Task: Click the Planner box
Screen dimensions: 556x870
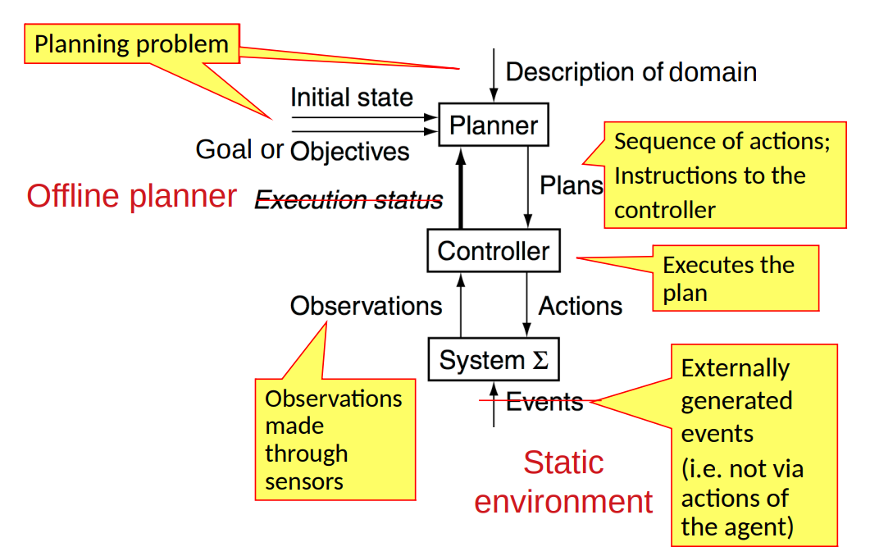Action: (x=494, y=125)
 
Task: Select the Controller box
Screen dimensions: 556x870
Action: (x=494, y=250)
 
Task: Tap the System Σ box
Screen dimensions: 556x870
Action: (x=494, y=359)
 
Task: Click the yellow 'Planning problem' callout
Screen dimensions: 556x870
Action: (x=132, y=43)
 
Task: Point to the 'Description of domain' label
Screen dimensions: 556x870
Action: (x=631, y=72)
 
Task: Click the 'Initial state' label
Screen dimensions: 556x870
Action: (x=352, y=98)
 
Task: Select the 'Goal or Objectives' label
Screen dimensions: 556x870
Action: (x=303, y=150)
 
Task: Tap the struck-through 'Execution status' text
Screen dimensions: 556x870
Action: (x=348, y=200)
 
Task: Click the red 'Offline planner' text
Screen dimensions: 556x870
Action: (x=132, y=196)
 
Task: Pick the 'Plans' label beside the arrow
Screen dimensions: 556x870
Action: (x=571, y=185)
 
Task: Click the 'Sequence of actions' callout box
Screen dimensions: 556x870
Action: (x=724, y=175)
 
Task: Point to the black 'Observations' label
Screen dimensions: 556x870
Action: (x=366, y=306)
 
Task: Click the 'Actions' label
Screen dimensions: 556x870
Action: (x=580, y=306)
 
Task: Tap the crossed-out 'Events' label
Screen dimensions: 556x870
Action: (x=544, y=402)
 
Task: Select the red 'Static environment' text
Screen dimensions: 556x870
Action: (x=564, y=482)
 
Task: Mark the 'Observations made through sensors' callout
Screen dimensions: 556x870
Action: (x=335, y=439)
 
